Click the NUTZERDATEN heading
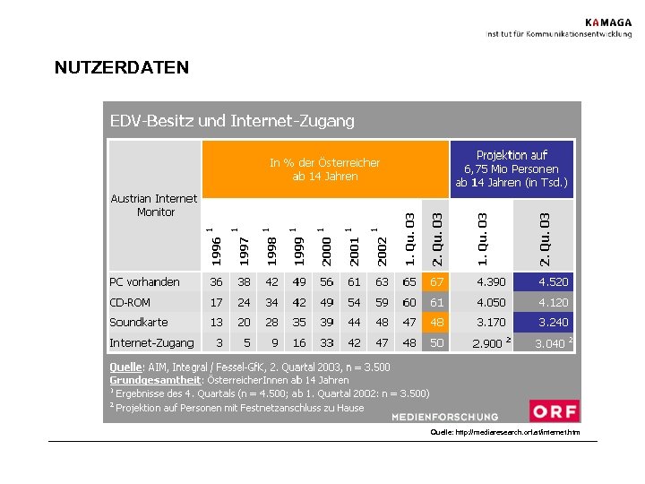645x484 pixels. coord(122,67)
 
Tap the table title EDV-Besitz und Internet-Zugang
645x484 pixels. coord(232,120)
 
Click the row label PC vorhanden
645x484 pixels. coord(144,282)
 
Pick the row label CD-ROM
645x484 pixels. coord(130,302)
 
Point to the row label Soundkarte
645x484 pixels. coord(139,323)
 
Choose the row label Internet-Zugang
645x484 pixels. coord(151,342)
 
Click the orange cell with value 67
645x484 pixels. coord(437,282)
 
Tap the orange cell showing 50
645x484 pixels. coord(437,342)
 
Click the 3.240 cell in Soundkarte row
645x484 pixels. coord(552,323)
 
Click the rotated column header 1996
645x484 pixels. coord(217,250)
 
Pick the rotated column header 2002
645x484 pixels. coord(383,250)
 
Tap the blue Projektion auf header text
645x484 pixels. coord(512,155)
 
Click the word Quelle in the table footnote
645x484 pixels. coord(125,367)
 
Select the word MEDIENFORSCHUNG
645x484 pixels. coord(444,417)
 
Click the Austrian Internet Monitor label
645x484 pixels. coord(154,205)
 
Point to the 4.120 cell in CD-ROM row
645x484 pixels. coord(552,302)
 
